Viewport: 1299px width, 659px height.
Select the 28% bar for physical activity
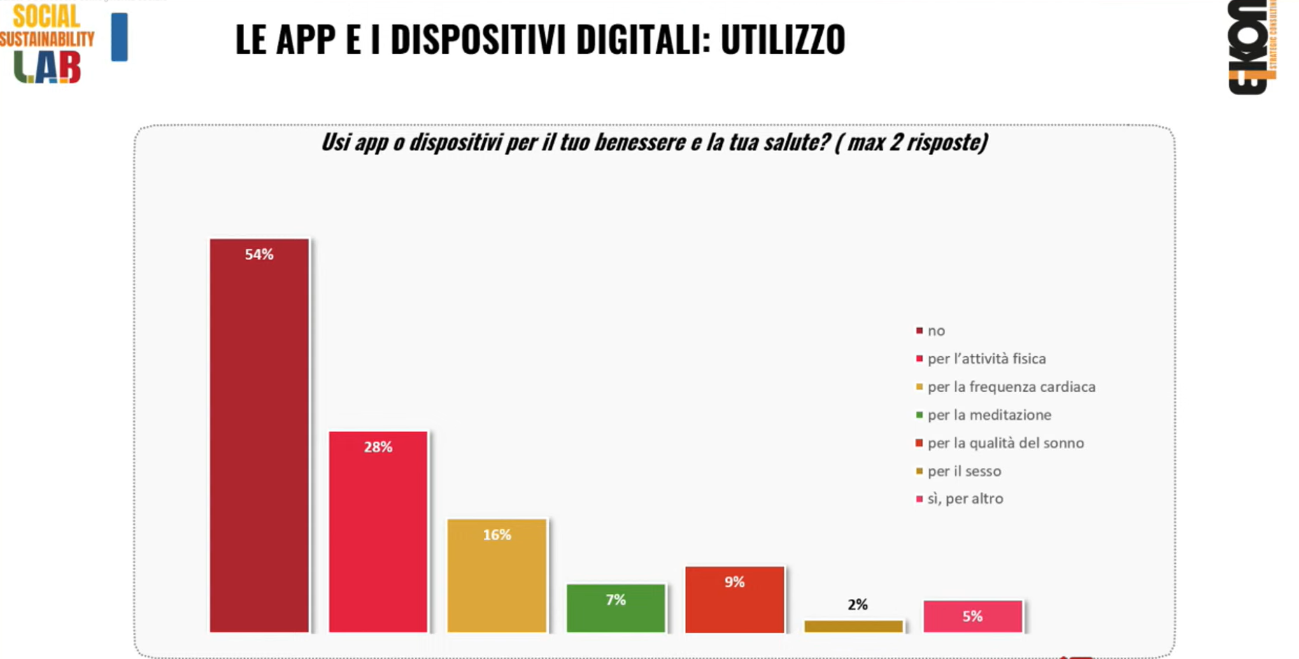tap(378, 532)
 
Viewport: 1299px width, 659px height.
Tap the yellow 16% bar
tap(497, 575)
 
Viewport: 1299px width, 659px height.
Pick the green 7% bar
tap(616, 607)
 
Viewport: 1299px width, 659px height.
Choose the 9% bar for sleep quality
tap(734, 599)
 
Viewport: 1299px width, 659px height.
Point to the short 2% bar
tap(853, 626)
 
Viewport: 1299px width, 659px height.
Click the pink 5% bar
tap(972, 616)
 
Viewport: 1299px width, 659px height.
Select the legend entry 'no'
tap(935, 331)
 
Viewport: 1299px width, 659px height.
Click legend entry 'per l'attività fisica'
tap(986, 359)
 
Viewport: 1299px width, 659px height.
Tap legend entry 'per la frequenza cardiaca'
tap(1011, 387)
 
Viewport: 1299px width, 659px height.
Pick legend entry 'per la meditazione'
tap(988, 415)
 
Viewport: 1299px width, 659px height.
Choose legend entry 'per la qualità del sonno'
tap(1005, 443)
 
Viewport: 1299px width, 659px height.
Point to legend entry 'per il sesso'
tap(963, 471)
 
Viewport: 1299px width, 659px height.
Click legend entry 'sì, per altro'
tap(965, 499)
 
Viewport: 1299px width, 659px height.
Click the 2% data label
tap(858, 604)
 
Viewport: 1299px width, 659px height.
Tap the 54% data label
tap(259, 255)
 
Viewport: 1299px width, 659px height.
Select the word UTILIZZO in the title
tap(783, 40)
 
